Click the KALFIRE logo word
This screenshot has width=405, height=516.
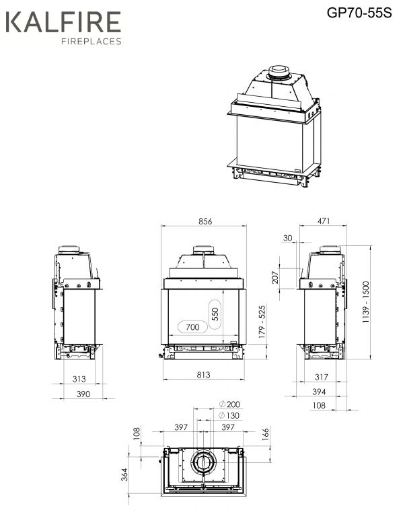(63, 22)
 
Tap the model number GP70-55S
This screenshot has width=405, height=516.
(359, 13)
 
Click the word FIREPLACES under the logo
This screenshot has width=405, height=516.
(91, 41)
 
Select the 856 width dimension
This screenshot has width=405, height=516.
(205, 221)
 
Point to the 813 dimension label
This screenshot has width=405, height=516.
(203, 374)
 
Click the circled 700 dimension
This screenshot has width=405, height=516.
(192, 327)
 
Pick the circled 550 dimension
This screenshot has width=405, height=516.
(215, 314)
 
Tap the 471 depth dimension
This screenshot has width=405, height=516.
(324, 221)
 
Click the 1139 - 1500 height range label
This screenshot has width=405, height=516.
(366, 302)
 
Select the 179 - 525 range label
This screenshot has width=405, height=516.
(262, 322)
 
